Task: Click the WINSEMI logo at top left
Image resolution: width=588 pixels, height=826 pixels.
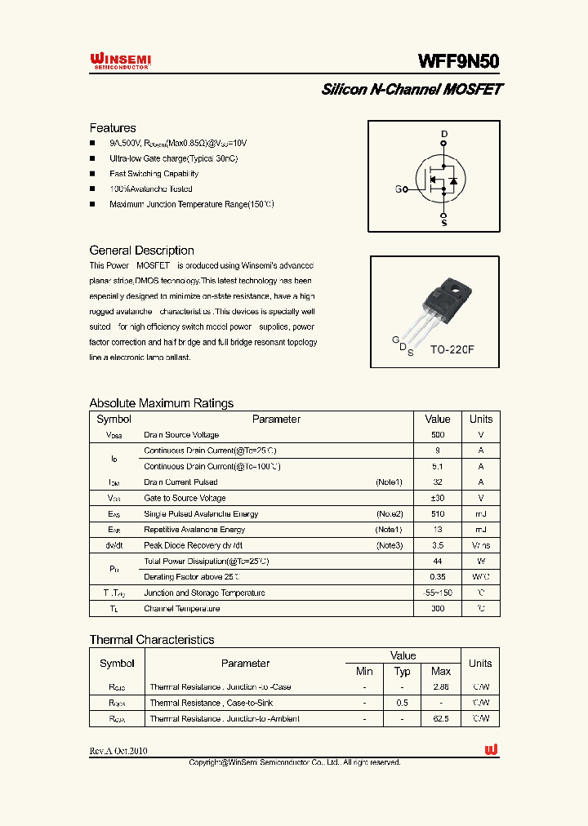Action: point(120,62)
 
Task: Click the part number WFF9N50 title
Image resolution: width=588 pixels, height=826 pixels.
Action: point(458,61)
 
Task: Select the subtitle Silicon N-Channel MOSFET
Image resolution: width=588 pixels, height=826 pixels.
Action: point(412,90)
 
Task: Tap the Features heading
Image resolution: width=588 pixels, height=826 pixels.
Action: point(113,128)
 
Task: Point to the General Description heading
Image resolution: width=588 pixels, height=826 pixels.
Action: point(141,251)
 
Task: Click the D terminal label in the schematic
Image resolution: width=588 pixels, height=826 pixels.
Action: point(444,134)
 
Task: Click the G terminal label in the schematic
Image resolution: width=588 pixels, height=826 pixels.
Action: point(399,189)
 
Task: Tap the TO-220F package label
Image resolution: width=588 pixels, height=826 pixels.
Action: point(452,349)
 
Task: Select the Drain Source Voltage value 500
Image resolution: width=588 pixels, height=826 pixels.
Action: point(438,435)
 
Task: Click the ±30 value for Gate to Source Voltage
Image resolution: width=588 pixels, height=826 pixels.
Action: point(438,498)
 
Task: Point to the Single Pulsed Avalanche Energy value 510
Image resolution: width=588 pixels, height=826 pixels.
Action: point(438,514)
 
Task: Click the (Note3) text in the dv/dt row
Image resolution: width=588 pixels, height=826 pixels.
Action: point(389,545)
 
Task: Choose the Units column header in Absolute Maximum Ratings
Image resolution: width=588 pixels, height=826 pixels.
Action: point(481,420)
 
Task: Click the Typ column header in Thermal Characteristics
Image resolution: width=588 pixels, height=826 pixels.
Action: point(403,671)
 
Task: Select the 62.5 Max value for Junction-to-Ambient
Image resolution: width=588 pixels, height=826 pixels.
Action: point(440,718)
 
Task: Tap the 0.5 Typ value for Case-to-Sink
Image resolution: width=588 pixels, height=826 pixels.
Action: point(403,703)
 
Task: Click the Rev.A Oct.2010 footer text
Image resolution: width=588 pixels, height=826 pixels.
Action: point(118,751)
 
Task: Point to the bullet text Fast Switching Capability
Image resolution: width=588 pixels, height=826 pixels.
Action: point(154,174)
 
